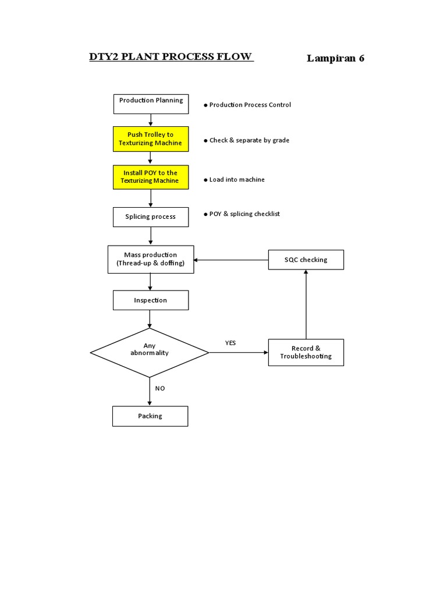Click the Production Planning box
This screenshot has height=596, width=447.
click(x=151, y=104)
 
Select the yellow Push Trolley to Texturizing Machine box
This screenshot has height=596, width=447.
click(x=151, y=139)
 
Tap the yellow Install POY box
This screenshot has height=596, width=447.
click(x=151, y=177)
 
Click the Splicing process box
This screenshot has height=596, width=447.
click(x=151, y=217)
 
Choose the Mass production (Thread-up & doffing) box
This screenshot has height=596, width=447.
click(x=151, y=259)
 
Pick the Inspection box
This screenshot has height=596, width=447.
click(x=151, y=300)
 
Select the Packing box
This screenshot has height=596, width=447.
click(x=150, y=416)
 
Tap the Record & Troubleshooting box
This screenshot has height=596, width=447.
click(x=306, y=352)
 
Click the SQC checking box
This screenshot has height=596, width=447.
click(x=306, y=260)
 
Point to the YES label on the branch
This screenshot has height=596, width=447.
click(x=230, y=343)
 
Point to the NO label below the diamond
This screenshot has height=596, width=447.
click(x=160, y=388)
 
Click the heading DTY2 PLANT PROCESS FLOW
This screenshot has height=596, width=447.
click(x=171, y=56)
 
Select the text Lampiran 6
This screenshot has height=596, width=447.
click(x=335, y=58)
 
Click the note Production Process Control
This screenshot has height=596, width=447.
click(x=249, y=105)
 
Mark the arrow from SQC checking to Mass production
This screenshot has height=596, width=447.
click(x=231, y=260)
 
